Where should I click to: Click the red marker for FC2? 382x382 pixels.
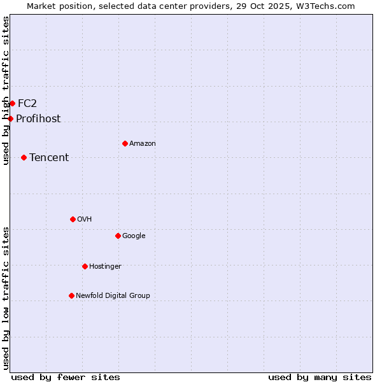click(12, 103)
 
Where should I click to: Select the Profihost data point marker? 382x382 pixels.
click(10, 118)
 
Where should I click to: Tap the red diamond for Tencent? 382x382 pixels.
click(24, 157)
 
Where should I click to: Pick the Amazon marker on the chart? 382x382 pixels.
click(125, 143)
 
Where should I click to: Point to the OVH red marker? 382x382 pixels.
click(73, 219)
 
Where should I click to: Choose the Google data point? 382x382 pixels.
click(118, 236)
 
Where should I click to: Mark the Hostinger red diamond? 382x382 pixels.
click(85, 266)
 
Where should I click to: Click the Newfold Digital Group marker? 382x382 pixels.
click(71, 295)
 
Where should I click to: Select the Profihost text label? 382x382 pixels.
click(38, 119)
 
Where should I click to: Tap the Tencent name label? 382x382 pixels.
click(49, 158)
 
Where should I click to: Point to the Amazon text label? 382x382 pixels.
click(143, 144)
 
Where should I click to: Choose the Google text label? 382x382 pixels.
click(134, 236)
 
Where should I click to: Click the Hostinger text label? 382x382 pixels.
click(105, 267)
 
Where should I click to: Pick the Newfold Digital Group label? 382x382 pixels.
click(113, 296)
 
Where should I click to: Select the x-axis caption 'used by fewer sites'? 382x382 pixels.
click(66, 378)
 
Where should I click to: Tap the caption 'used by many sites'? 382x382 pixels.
click(320, 378)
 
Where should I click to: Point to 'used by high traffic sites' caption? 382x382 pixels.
click(6, 90)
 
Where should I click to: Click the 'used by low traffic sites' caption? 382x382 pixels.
click(6, 298)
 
